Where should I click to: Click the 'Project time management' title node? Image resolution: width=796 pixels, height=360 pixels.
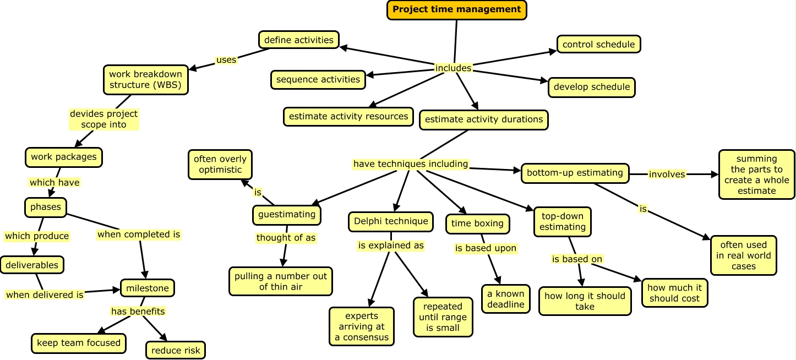(457, 9)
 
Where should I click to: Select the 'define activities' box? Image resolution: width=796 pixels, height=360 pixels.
(298, 40)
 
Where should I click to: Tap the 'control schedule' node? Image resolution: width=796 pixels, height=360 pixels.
(598, 45)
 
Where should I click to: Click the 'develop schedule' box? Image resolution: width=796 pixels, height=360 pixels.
(592, 87)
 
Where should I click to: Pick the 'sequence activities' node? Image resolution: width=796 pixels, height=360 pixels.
(318, 79)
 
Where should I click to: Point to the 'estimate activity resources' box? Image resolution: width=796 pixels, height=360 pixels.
(348, 116)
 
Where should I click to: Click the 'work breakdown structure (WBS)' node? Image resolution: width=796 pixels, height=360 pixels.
(146, 79)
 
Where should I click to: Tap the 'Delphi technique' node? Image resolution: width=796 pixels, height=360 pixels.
(391, 221)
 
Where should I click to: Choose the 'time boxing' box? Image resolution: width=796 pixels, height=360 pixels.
(477, 223)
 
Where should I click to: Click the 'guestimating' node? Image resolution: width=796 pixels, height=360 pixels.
(287, 215)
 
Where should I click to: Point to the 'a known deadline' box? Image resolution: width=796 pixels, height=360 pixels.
(505, 299)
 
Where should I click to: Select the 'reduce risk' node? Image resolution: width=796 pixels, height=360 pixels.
(175, 350)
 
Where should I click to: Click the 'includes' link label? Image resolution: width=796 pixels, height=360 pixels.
(453, 68)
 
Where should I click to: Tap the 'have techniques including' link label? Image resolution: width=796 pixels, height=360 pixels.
(411, 164)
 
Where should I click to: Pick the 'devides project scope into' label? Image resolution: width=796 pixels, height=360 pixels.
(103, 119)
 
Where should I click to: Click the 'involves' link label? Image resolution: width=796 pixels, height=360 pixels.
(667, 174)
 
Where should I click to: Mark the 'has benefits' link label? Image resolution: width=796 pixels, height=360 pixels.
(138, 312)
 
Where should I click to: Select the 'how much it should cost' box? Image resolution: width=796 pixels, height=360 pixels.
(674, 293)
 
